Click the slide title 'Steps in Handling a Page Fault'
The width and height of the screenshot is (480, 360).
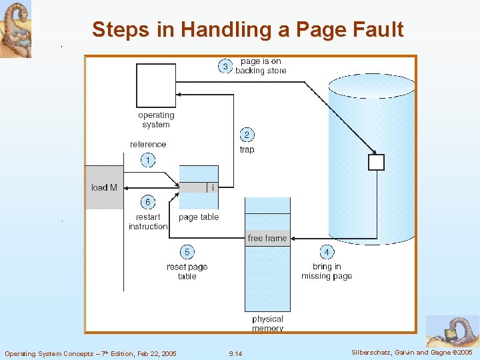247,29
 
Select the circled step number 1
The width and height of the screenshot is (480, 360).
147,160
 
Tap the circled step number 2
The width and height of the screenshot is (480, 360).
246,135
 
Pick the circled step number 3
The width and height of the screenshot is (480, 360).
225,66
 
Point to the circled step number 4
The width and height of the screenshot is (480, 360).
327,252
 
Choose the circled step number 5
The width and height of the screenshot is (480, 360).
187,252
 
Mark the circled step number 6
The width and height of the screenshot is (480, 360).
147,202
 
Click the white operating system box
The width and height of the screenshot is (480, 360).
156,85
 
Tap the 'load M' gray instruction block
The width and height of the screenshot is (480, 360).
104,187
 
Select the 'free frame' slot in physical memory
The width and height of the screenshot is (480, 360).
267,238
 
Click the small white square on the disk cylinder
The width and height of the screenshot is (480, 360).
377,162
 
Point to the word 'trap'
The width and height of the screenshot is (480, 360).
247,149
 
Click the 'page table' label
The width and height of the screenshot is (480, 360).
199,217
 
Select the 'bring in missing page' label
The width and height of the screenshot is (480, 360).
327,271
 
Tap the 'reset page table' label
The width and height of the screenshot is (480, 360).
187,271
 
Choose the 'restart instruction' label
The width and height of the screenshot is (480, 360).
147,222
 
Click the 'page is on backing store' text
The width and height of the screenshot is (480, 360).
261,66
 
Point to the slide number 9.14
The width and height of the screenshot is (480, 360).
235,353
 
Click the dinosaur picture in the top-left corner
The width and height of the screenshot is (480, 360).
15,29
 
